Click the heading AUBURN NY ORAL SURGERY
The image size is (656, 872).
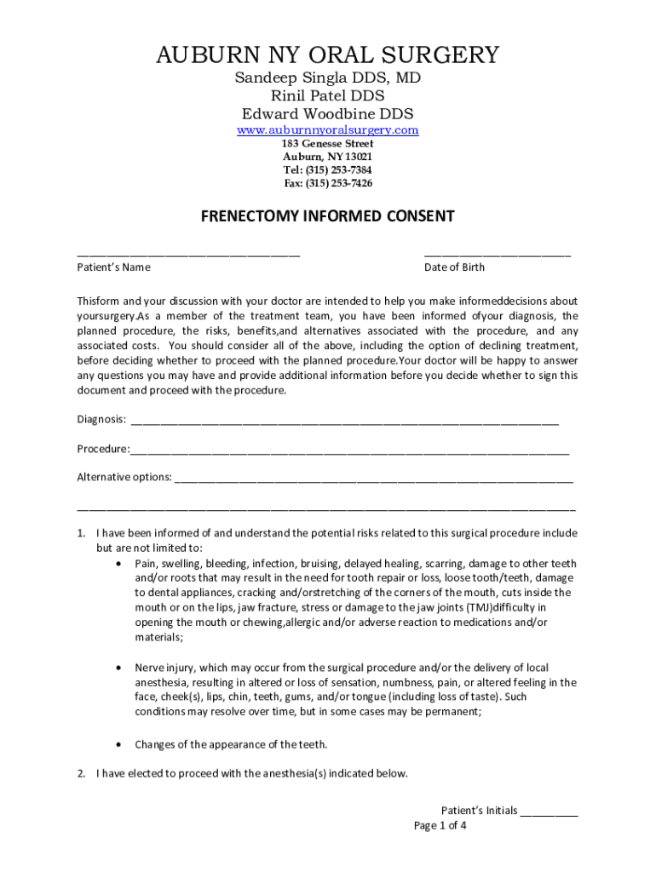(x=327, y=56)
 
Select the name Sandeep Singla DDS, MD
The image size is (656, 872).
(x=327, y=78)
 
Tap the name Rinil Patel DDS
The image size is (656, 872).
(x=327, y=96)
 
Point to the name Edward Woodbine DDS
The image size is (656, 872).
(x=327, y=114)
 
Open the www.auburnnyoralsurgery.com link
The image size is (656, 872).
(x=327, y=130)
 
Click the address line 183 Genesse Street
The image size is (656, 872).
(x=327, y=144)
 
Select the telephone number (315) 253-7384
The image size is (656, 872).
(x=339, y=170)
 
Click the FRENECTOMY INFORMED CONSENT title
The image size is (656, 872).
(x=327, y=217)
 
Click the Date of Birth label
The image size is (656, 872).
(x=454, y=267)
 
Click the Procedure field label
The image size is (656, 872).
(x=102, y=449)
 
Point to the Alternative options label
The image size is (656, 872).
(x=124, y=478)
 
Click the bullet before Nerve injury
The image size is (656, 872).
(x=118, y=668)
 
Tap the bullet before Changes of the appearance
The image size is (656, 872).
(x=118, y=744)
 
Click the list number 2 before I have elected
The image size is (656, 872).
(x=81, y=774)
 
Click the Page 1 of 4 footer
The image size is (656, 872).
(x=440, y=826)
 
